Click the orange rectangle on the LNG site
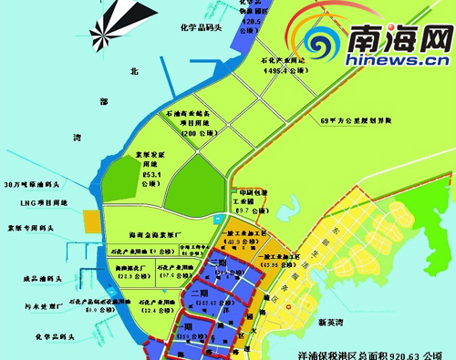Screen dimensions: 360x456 click(91, 221)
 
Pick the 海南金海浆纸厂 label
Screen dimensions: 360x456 click(159, 235)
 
